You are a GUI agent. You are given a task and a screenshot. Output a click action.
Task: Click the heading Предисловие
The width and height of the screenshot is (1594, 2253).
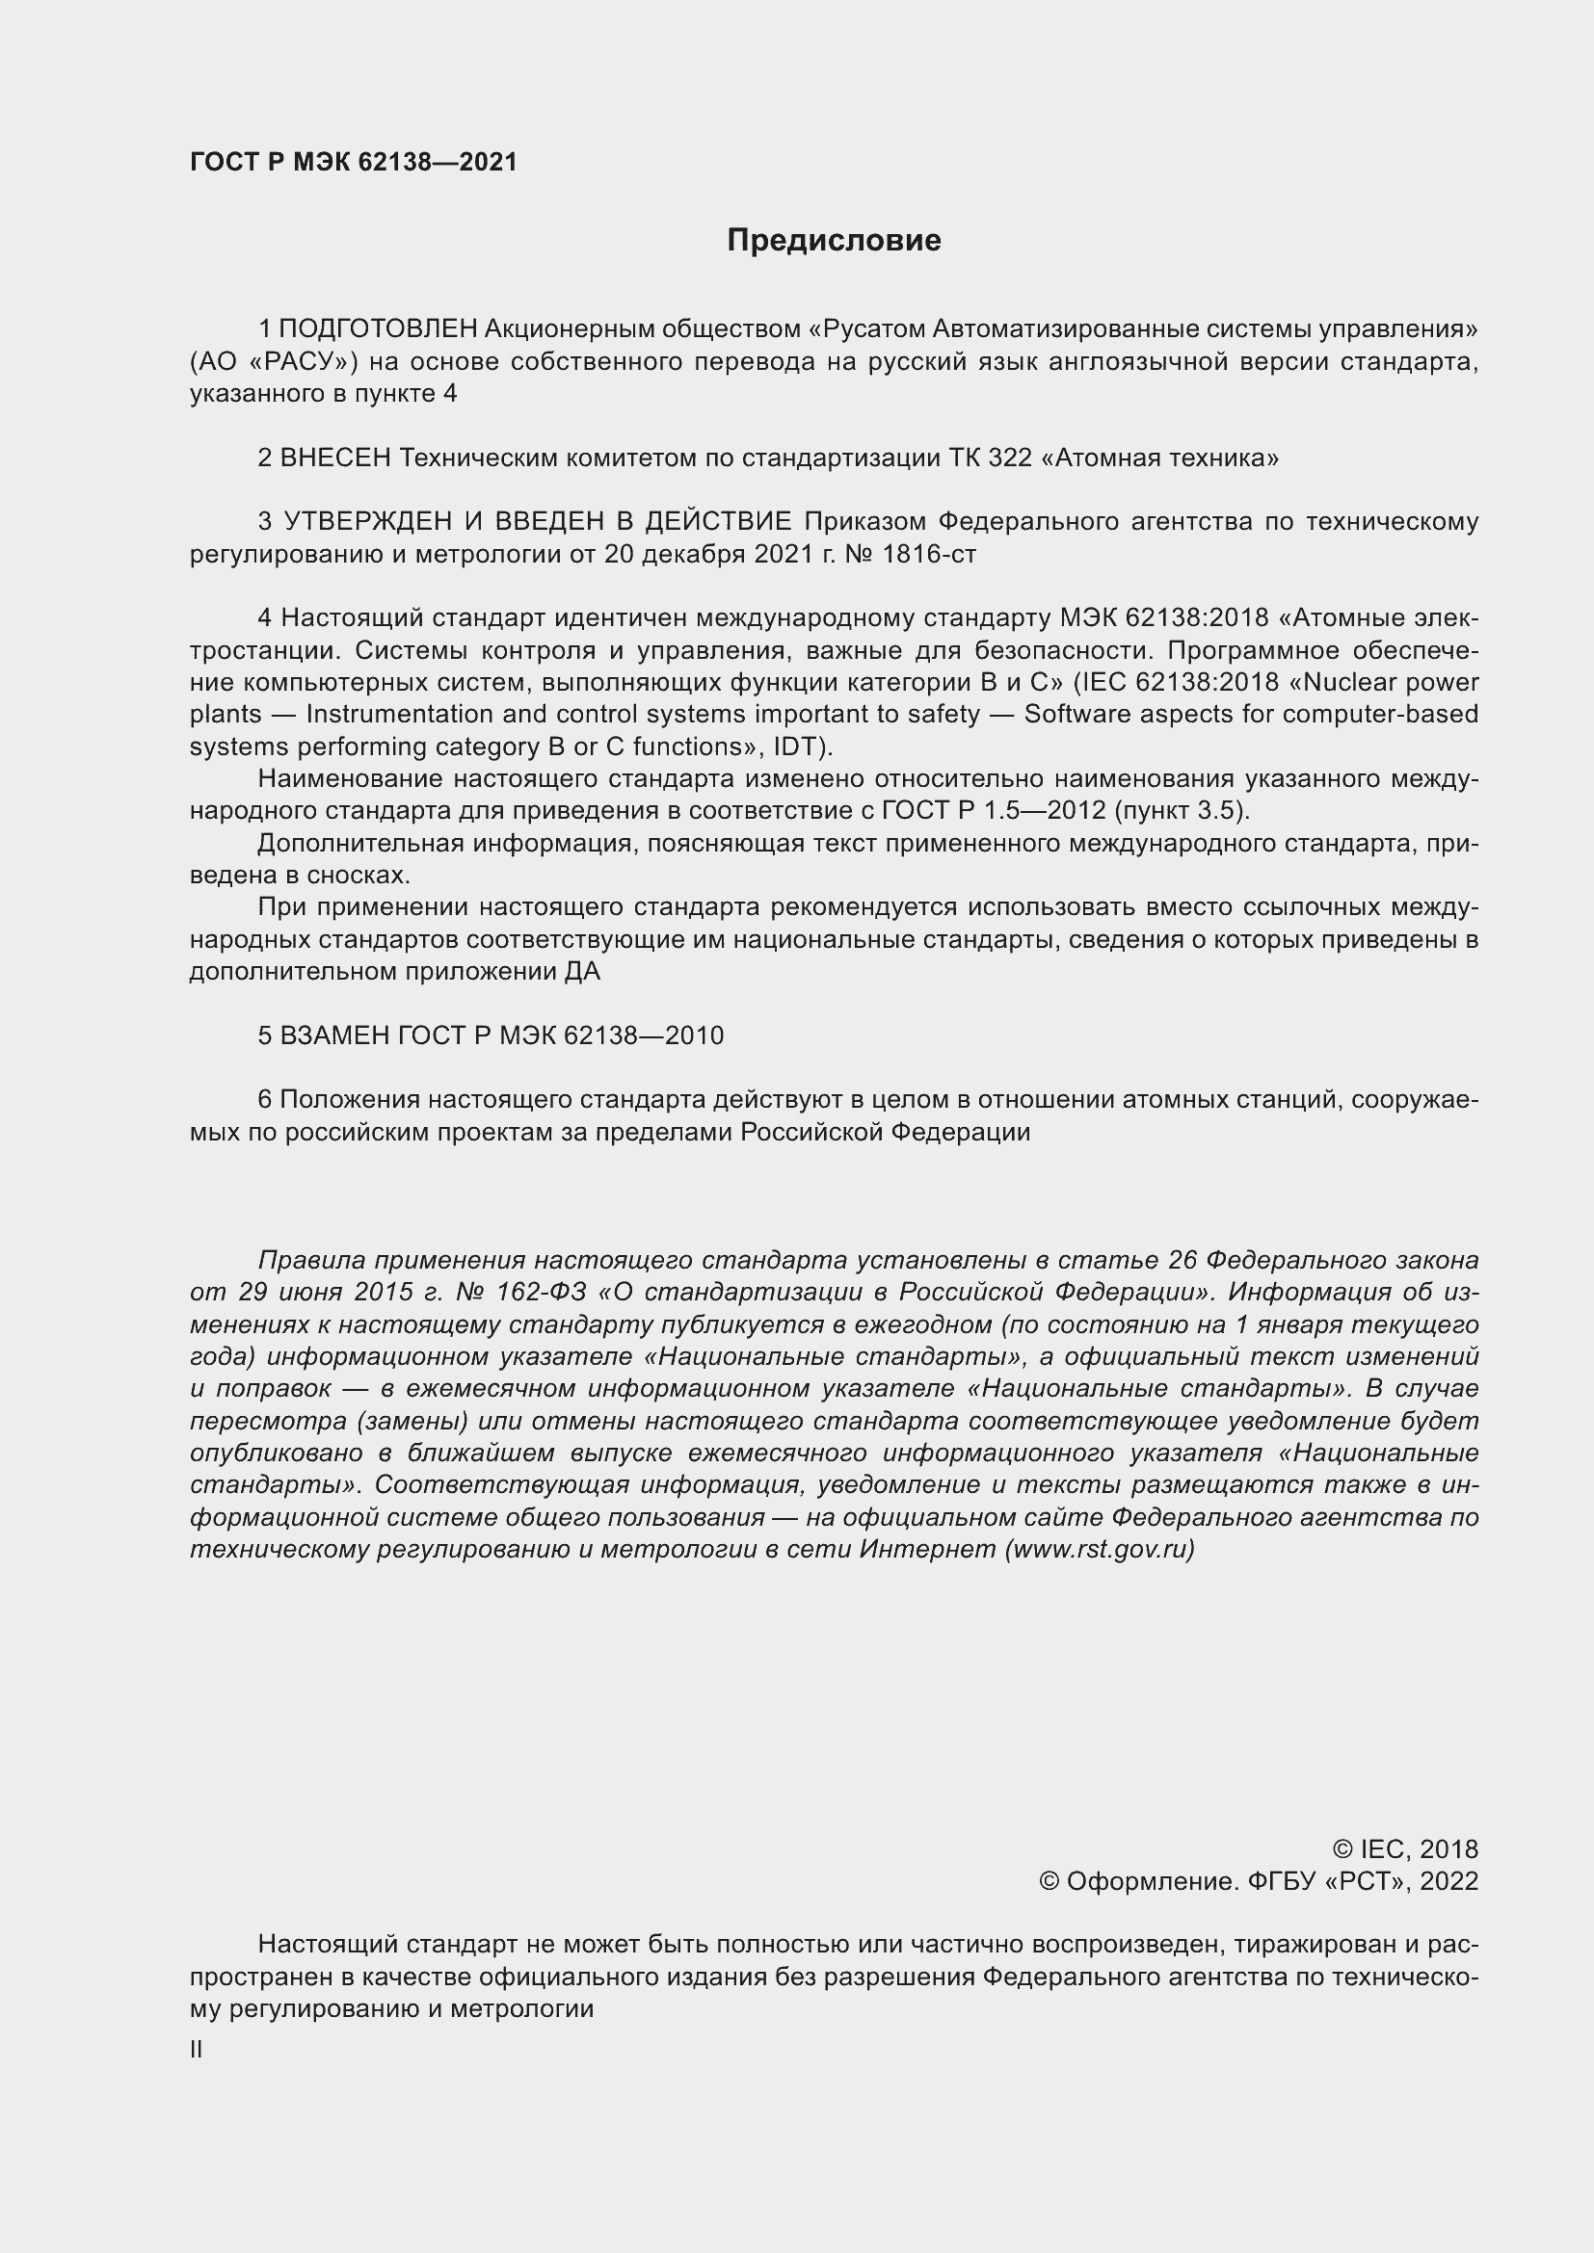[834, 241]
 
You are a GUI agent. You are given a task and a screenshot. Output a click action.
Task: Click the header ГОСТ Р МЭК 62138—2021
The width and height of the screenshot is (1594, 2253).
[354, 162]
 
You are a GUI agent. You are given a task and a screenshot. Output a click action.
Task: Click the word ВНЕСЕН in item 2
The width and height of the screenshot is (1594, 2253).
[335, 458]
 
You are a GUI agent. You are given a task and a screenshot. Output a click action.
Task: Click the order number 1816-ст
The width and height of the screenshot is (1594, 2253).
[928, 554]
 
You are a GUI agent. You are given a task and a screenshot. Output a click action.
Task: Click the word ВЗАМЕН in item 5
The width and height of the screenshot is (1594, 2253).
[334, 1035]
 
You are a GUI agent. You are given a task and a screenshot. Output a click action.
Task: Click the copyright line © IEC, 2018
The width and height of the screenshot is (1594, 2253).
[1404, 1849]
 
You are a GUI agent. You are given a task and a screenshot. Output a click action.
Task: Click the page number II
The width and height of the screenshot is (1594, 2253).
[197, 2050]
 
